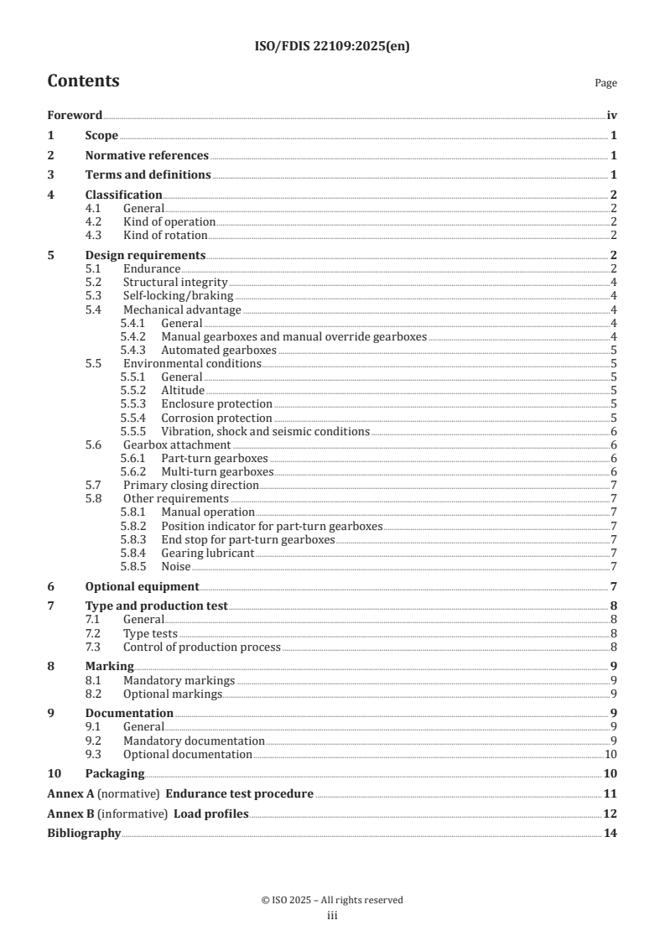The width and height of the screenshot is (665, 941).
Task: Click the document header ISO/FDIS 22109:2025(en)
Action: click(x=332, y=47)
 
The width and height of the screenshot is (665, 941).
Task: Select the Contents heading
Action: click(x=83, y=81)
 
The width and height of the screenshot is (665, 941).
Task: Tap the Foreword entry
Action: click(x=75, y=116)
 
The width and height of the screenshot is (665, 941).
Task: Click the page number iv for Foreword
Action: click(x=611, y=116)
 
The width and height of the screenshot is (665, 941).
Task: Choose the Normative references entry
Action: click(x=147, y=155)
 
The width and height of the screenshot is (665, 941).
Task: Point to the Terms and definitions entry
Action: click(x=148, y=175)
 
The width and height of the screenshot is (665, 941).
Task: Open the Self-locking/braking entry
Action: click(x=178, y=296)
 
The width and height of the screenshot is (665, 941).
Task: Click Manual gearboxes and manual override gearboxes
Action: click(x=294, y=336)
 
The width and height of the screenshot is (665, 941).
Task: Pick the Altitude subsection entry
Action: click(x=183, y=390)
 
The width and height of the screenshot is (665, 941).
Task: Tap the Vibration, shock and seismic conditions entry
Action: click(x=265, y=431)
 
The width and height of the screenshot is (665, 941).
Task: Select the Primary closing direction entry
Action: click(x=190, y=485)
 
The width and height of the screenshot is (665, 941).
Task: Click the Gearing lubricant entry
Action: click(x=207, y=553)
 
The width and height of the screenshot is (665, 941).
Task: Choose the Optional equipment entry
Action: click(x=142, y=586)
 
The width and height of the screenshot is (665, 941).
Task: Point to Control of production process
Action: click(x=201, y=647)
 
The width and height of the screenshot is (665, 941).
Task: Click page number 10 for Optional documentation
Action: click(x=611, y=754)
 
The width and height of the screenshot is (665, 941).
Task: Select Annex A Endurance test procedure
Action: click(x=180, y=793)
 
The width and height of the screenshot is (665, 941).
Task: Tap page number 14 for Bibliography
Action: click(x=610, y=834)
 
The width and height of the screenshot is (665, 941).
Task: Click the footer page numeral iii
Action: click(x=332, y=916)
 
